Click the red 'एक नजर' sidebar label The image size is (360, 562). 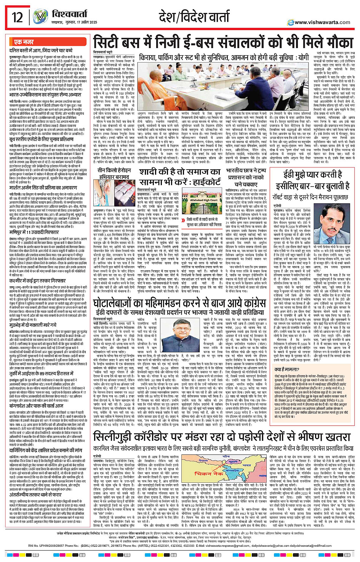click(x=24, y=42)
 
